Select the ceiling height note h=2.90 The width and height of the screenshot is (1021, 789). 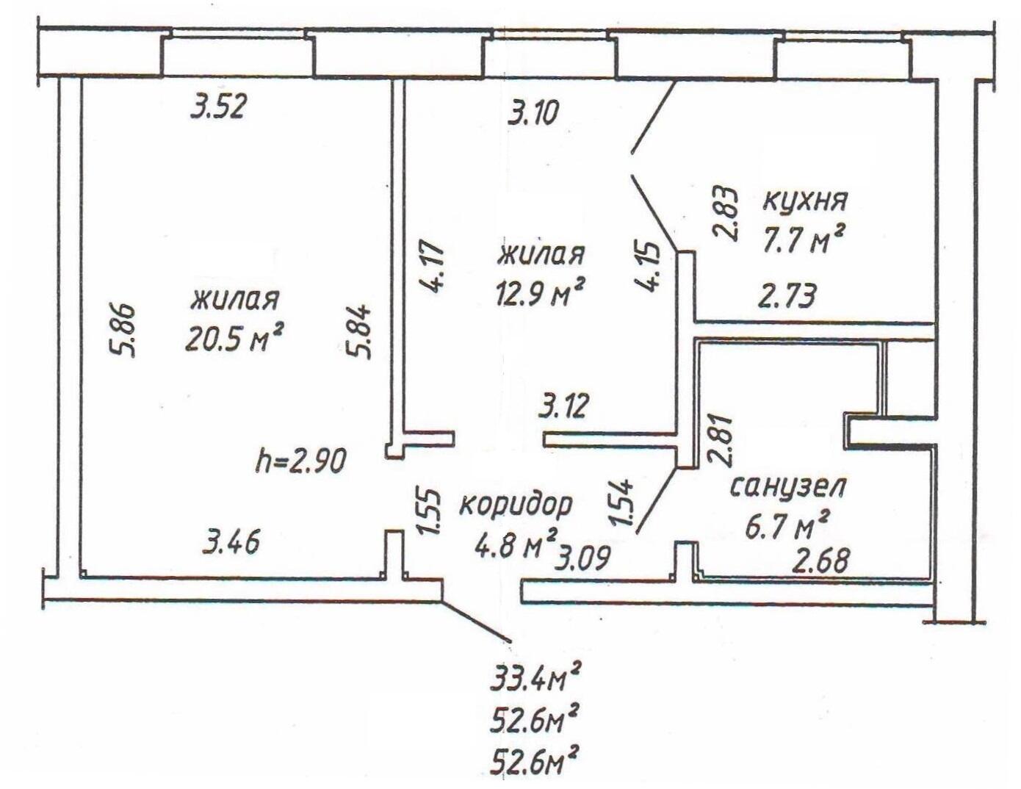pos(300,461)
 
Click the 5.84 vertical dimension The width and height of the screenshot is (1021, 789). pos(363,332)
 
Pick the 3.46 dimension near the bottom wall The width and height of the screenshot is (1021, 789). pos(231,544)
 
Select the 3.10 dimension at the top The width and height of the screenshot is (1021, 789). pos(533,115)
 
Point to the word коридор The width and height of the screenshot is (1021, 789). pos(516,506)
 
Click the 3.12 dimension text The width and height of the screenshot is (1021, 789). pos(563,406)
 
